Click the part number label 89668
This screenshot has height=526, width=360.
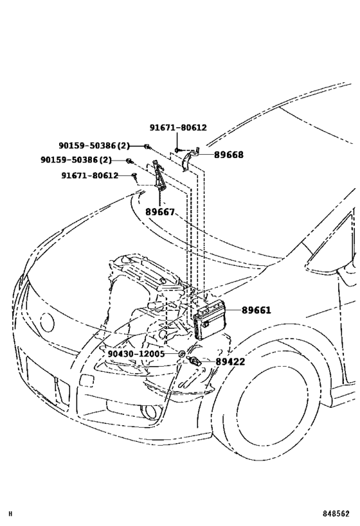pyautogui.click(x=229, y=155)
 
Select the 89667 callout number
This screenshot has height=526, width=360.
pyautogui.click(x=160, y=212)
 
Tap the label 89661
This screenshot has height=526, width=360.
pyautogui.click(x=256, y=310)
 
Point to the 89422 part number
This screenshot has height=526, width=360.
pyautogui.click(x=230, y=362)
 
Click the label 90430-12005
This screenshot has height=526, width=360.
pyautogui.click(x=136, y=354)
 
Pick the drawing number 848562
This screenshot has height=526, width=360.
pyautogui.click(x=336, y=514)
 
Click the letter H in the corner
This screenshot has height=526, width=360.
pyautogui.click(x=10, y=514)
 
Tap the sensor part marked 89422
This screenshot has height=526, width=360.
pyautogui.click(x=195, y=362)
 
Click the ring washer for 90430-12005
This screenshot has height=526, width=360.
pyautogui.click(x=182, y=354)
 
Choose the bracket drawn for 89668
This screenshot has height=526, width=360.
pyautogui.click(x=190, y=159)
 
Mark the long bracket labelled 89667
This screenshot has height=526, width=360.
pyautogui.click(x=158, y=177)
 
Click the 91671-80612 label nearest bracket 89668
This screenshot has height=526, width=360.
pyautogui.click(x=178, y=127)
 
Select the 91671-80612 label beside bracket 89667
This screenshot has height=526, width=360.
pyautogui.click(x=89, y=175)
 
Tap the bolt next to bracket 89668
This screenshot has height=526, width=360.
pyautogui.click(x=177, y=150)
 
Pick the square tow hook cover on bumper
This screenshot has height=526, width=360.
pyautogui.click(x=86, y=381)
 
